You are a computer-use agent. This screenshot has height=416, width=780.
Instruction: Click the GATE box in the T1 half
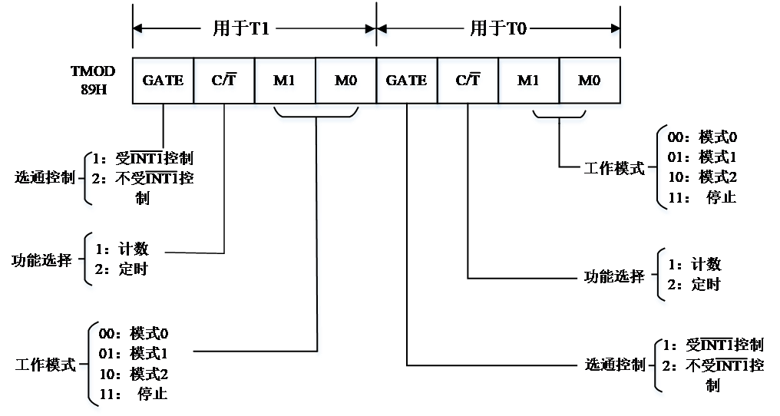(164, 81)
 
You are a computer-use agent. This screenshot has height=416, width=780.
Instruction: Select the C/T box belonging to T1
(223, 81)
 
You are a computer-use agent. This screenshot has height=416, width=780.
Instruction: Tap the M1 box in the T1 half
(285, 81)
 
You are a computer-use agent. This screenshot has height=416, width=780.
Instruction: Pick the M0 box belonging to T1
(345, 81)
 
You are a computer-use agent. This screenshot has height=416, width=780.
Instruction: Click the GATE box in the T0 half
(407, 81)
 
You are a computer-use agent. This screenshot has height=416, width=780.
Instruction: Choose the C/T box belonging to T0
(467, 81)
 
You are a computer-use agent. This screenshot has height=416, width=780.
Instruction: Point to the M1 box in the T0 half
(528, 81)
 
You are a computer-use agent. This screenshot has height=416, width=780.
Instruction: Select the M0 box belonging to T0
(590, 81)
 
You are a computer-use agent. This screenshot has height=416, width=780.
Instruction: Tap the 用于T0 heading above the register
(499, 30)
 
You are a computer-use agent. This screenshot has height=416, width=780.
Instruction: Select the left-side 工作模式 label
(43, 365)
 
